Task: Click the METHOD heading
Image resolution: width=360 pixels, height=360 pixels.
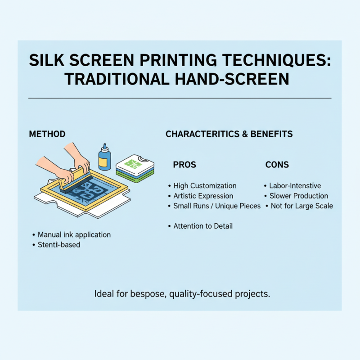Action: point(47,134)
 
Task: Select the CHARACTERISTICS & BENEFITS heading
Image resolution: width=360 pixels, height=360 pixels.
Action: point(229,134)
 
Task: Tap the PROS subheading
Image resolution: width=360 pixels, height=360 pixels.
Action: point(184,165)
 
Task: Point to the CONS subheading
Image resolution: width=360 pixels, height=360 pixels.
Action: point(277,165)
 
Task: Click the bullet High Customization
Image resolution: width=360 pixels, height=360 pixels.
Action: point(205,186)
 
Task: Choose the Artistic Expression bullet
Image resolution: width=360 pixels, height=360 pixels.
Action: point(203,196)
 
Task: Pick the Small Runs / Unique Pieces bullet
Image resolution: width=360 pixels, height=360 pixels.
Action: point(217,206)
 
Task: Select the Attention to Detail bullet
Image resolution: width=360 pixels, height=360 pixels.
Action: point(203,226)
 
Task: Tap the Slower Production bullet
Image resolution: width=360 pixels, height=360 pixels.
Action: point(298,196)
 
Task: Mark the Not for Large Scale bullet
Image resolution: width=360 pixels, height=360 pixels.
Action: point(301,206)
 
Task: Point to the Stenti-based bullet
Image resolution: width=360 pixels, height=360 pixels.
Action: point(59,245)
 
